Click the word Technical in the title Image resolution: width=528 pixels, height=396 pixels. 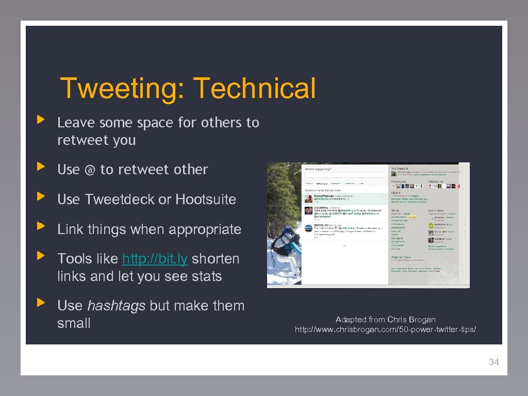(x=255, y=88)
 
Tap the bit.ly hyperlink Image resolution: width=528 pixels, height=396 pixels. (x=155, y=259)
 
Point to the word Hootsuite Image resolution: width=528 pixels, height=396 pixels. (x=206, y=200)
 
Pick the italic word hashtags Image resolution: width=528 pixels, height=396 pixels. (x=117, y=306)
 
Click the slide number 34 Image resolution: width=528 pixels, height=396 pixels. (x=493, y=362)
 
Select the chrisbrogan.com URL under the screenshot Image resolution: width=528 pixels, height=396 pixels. (x=385, y=329)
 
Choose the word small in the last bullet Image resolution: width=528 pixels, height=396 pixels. (x=74, y=324)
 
